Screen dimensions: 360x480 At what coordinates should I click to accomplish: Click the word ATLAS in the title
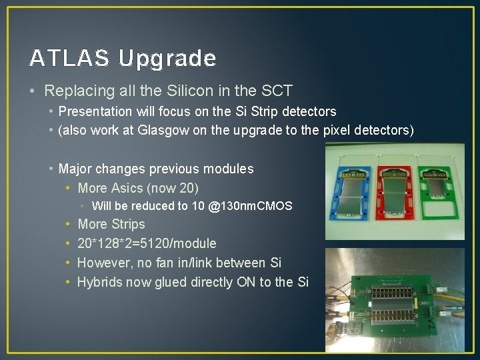(x=69, y=59)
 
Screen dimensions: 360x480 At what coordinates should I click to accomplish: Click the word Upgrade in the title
(x=167, y=59)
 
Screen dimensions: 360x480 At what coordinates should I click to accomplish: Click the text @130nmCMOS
(x=250, y=206)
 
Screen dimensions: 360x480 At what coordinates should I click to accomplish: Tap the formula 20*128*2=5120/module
(x=147, y=243)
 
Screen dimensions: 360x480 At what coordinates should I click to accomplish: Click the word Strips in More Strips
(x=128, y=224)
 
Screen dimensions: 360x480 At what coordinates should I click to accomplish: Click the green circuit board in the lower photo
(x=393, y=300)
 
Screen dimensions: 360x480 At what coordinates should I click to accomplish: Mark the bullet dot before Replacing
(x=34, y=90)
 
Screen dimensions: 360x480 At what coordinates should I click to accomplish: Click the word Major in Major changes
(x=75, y=169)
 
